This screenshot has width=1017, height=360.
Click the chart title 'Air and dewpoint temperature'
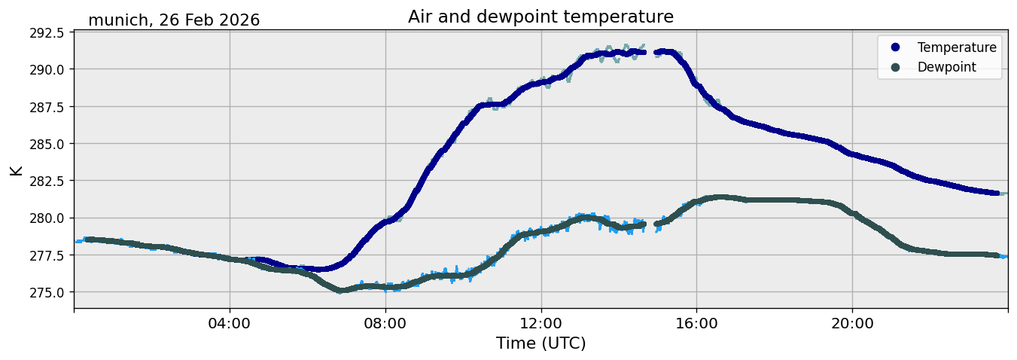540,17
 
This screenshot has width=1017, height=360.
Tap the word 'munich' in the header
119,20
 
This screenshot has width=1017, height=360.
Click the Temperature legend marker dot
895,47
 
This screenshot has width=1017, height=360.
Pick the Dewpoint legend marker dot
895,67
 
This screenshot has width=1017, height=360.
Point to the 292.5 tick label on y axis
47,33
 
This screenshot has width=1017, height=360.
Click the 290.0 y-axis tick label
47,69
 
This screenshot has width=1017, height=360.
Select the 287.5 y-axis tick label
47,107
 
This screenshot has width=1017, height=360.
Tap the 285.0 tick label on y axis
47,144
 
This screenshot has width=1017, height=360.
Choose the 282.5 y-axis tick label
47,181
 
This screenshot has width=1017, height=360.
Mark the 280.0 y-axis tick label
47,218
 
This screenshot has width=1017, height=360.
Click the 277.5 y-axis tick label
47,255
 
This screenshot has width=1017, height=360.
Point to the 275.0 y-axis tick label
47,292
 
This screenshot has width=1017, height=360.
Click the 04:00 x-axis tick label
230,324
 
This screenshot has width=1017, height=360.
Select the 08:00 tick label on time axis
385,324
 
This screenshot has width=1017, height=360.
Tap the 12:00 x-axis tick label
541,324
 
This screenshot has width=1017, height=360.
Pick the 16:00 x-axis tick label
697,324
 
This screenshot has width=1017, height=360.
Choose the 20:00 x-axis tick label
853,324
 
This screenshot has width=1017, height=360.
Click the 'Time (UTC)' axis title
540,343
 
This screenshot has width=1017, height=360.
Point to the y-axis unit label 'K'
17,170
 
